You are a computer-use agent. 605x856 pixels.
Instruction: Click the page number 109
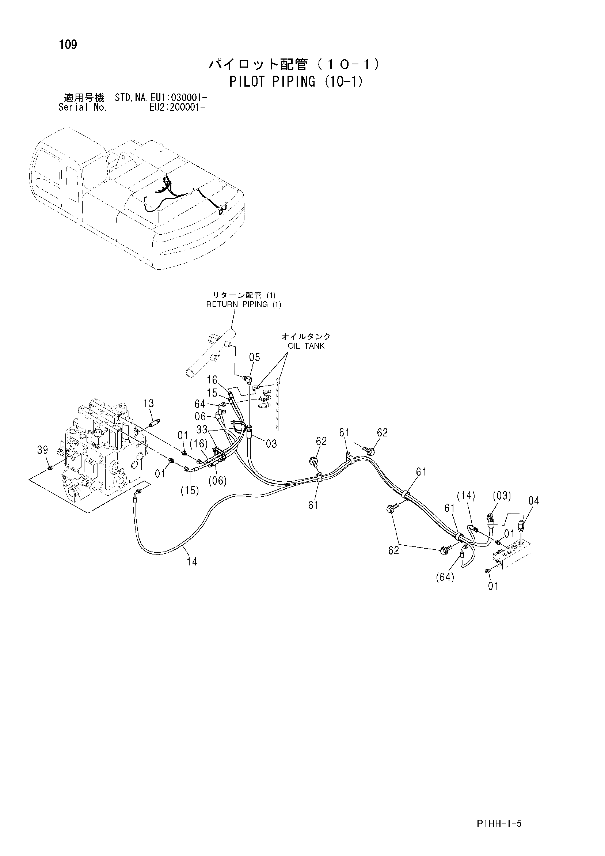coord(68,45)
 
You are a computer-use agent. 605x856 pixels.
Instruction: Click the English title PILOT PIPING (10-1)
coord(296,81)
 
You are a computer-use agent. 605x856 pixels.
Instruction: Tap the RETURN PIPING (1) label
coord(244,304)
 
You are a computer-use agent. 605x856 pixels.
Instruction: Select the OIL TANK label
coord(306,346)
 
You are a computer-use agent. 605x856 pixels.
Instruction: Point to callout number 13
coord(148,404)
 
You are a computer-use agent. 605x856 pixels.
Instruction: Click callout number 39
coord(42,450)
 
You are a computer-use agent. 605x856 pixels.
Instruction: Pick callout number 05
coord(255,357)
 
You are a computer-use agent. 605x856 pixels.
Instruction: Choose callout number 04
coord(534,501)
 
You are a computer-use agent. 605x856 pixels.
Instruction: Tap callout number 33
coord(202,429)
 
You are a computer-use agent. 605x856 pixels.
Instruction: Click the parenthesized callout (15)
coord(190,491)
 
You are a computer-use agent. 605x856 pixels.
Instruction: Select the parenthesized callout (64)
coord(445,577)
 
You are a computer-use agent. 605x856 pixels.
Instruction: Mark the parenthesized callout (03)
coord(501,496)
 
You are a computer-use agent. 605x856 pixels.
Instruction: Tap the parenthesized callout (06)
coord(218,481)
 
